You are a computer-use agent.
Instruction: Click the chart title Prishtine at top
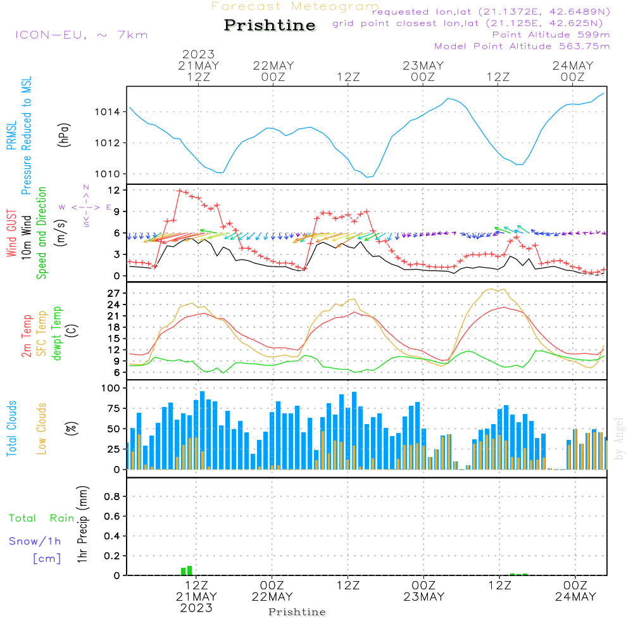click(270, 25)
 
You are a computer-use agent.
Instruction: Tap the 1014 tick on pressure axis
click(108, 112)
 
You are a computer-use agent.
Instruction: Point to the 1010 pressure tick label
click(108, 174)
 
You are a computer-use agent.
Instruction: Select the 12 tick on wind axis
click(114, 190)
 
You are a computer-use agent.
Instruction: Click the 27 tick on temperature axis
click(114, 293)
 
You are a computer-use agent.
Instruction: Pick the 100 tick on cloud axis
click(111, 388)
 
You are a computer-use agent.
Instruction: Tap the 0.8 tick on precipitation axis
click(112, 496)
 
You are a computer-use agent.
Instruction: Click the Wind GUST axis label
click(11, 233)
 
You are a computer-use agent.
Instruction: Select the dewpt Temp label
click(56, 333)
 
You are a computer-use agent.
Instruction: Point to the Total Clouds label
click(11, 429)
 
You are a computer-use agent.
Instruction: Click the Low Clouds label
click(41, 429)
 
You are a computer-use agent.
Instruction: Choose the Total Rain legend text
click(42, 518)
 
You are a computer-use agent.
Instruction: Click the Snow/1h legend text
click(35, 541)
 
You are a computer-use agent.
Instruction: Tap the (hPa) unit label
click(64, 135)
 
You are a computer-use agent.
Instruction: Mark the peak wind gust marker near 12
click(180, 191)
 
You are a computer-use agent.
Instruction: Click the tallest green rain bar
click(190, 571)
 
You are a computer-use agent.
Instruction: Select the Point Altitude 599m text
click(551, 35)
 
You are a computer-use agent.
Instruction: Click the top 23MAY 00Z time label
click(423, 71)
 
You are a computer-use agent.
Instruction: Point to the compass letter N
click(86, 187)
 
